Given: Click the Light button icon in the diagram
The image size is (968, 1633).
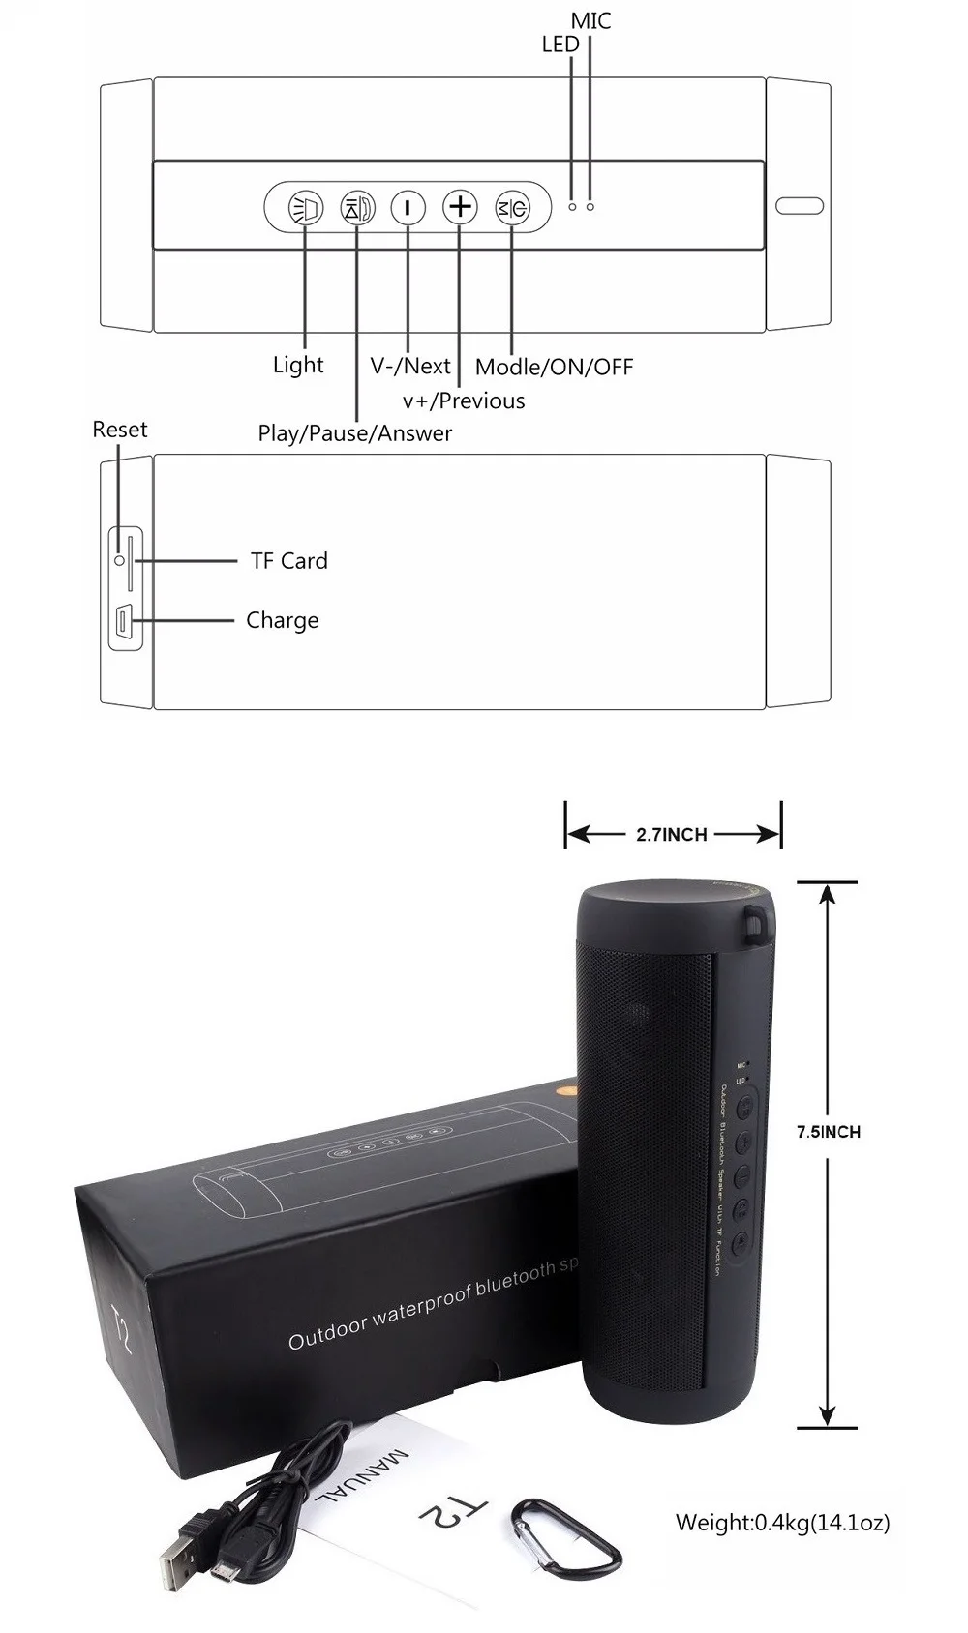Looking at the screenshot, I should pos(306,207).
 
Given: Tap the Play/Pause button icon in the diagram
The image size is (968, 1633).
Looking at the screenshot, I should pos(357,207).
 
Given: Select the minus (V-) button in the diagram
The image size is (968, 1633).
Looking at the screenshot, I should pos(408,207).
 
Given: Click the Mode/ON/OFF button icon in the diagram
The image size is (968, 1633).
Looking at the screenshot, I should pos(512,207).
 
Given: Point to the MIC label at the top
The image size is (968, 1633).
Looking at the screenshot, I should pos(590,20).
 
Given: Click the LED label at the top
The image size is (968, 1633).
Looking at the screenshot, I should pos(560,45).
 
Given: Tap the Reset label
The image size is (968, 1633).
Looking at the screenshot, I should pos(120,430).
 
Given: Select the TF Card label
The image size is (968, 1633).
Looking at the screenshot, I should pos(289,561).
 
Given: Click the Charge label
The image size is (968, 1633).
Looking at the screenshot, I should pos(282,620).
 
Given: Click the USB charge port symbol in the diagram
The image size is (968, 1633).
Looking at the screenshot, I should pos(124,621).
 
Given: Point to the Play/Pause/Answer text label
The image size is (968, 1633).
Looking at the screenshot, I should pos(354,433).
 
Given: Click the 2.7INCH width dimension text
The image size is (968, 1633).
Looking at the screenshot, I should pos(672,835).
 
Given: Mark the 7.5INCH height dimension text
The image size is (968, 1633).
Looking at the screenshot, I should pos(828,1131).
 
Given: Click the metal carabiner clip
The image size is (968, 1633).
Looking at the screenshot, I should pos(565,1537).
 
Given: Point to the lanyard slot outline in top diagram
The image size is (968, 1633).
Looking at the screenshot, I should pos(799,206).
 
